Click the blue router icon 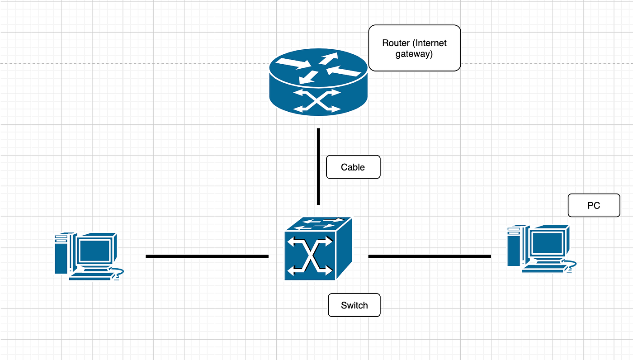318,84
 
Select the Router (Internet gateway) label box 414,48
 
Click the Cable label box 353,167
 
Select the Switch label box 354,305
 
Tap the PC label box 593,205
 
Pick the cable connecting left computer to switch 207,256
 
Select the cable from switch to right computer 430,256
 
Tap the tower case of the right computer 513,246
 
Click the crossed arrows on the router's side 316,100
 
